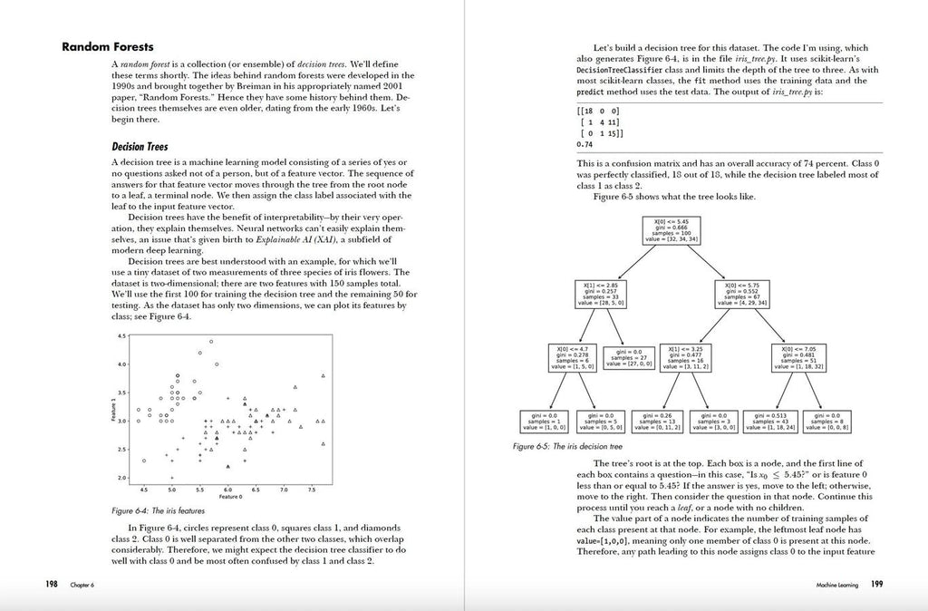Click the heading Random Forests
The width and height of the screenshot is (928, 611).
click(x=107, y=47)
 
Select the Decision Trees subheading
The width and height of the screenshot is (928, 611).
click(x=140, y=146)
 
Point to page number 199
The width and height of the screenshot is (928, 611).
click(x=876, y=584)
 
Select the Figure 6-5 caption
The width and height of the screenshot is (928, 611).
click(x=567, y=447)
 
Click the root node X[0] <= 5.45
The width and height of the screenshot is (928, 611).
click(x=672, y=229)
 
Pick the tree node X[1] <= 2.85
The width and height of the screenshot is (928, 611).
click(x=597, y=293)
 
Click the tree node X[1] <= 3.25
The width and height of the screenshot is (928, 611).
click(x=685, y=357)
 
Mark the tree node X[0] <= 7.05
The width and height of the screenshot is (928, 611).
click(x=797, y=357)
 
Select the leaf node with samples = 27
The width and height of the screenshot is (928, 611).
click(x=629, y=357)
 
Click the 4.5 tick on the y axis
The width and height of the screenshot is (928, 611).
click(x=121, y=336)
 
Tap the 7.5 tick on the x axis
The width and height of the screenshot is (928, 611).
click(x=311, y=490)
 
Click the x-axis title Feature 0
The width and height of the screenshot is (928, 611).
click(x=229, y=497)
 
